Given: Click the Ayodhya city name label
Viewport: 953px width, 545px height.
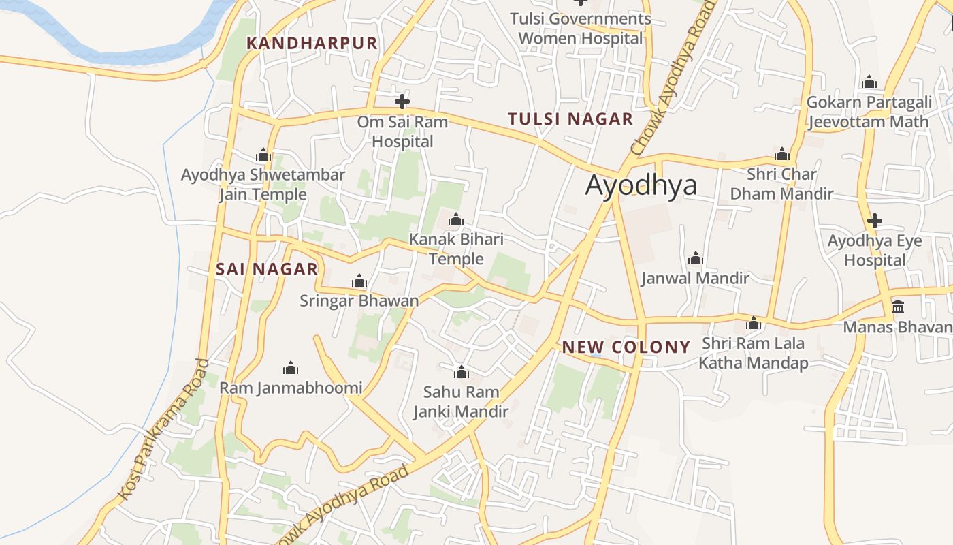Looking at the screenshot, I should click(x=641, y=185).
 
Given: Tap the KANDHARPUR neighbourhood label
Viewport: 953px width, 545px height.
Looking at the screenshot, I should click(x=311, y=43).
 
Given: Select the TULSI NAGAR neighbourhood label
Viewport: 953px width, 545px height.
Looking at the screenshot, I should click(x=570, y=119).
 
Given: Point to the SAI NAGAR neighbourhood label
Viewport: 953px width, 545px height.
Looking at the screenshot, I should click(x=267, y=269).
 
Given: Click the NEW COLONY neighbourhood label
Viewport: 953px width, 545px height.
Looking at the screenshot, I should click(x=626, y=347).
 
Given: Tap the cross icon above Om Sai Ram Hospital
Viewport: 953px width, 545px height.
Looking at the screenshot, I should click(x=402, y=102).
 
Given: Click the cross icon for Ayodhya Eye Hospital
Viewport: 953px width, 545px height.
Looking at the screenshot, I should click(x=875, y=221).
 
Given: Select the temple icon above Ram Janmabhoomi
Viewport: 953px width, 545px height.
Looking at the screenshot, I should click(x=291, y=368).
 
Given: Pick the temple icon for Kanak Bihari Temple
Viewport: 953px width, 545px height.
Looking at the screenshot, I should click(x=456, y=219).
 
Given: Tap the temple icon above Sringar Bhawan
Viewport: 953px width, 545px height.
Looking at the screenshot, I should click(x=359, y=281).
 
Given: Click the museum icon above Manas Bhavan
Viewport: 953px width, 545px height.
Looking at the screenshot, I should click(x=898, y=307).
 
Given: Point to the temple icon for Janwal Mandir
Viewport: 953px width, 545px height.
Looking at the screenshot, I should click(x=695, y=258).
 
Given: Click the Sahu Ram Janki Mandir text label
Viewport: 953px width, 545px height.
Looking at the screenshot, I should click(x=461, y=402).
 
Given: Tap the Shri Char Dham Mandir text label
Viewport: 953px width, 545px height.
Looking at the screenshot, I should click(x=781, y=184).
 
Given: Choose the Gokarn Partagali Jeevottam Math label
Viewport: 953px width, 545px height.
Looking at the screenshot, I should click(x=869, y=112).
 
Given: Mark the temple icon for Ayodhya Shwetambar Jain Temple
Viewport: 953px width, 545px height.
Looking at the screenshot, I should click(x=263, y=155).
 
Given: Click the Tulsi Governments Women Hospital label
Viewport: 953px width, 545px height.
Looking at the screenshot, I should click(x=581, y=28).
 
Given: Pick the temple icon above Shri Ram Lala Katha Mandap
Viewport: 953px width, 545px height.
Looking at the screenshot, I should click(x=754, y=323).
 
